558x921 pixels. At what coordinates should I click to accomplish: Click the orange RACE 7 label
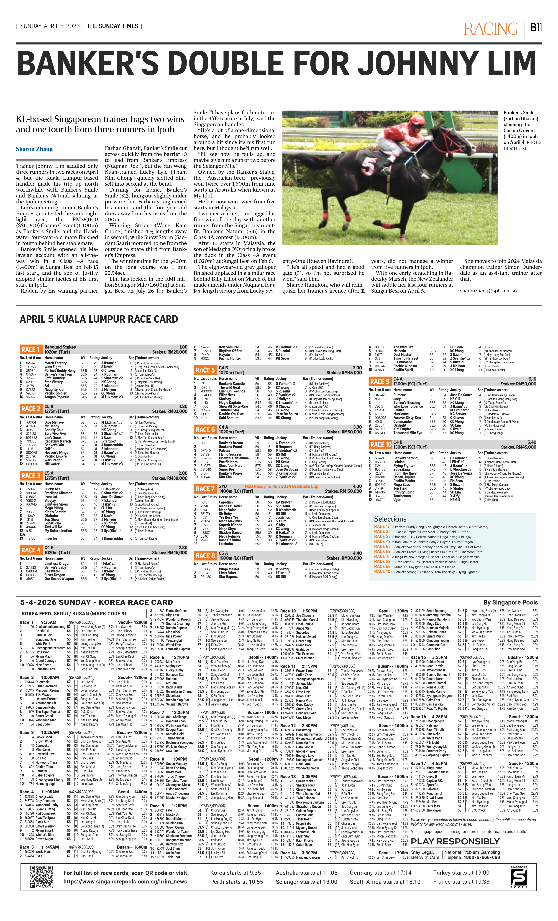(x=205, y=488)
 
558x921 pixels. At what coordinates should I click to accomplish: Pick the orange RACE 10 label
(x=380, y=444)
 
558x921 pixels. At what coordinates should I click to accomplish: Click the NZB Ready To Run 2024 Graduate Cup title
(x=281, y=486)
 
